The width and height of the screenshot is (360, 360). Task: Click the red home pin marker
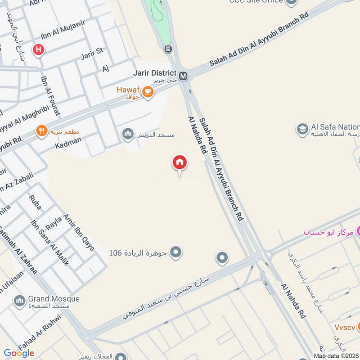click(x=180, y=163)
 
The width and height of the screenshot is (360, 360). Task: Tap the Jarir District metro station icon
click(x=183, y=76)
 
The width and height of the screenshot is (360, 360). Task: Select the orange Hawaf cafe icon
click(x=148, y=92)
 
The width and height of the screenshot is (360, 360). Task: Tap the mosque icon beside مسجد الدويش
click(x=128, y=134)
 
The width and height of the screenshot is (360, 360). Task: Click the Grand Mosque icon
click(x=19, y=301)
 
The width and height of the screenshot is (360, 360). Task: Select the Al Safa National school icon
click(x=302, y=130)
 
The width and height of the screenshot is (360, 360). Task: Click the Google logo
click(x=19, y=353)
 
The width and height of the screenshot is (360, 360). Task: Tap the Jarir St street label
click(x=92, y=55)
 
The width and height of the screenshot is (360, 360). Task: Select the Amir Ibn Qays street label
click(x=79, y=229)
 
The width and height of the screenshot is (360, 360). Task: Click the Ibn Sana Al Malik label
click(x=49, y=243)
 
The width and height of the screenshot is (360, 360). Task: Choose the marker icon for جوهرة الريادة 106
click(x=176, y=252)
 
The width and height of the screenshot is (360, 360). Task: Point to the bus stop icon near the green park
click(x=168, y=49)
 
